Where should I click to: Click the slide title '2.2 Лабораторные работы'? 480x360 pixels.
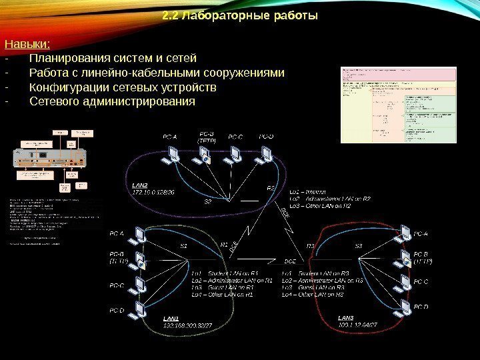(x=240, y=15)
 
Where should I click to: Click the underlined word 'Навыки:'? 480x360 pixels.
(x=27, y=45)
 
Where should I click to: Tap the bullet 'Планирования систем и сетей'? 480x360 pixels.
(x=113, y=58)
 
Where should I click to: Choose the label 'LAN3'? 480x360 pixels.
(x=347, y=317)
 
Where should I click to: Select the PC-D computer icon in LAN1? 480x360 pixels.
(x=141, y=309)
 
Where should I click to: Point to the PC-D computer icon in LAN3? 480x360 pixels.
(x=402, y=308)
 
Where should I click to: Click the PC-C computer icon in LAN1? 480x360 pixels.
(x=141, y=285)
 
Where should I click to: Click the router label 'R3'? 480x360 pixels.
(x=310, y=246)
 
